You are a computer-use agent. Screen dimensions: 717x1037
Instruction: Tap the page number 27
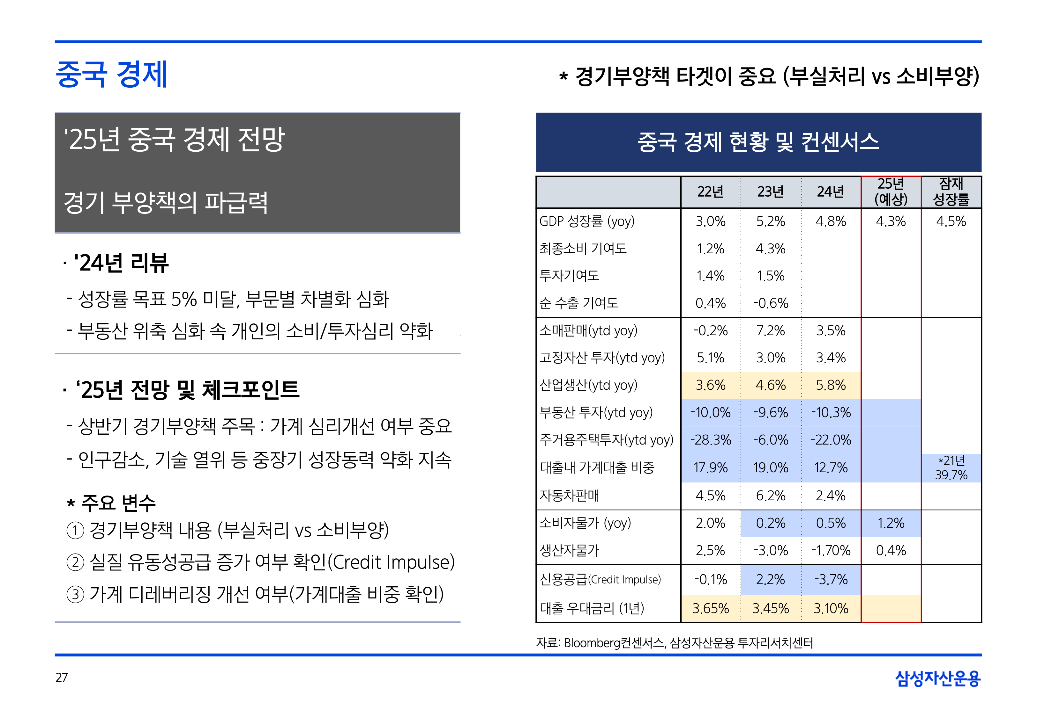coord(62,677)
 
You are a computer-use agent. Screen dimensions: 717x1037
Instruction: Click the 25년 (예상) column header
coord(891,192)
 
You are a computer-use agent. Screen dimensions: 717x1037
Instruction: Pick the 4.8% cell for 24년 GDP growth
coord(831,221)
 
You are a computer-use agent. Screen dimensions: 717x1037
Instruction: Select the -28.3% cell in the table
coord(711,440)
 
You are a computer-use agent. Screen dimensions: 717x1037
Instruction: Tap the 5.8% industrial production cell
coord(831,385)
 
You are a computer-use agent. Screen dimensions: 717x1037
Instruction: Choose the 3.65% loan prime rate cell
coord(711,609)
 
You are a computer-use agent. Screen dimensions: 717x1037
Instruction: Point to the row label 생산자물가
coord(569,550)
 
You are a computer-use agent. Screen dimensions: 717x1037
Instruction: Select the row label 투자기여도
coord(569,275)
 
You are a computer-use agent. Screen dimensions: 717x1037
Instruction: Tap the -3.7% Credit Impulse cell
coord(831,580)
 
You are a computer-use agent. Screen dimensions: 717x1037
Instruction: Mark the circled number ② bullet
coord(75,562)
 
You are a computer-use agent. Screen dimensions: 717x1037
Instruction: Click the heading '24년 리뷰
coord(122,263)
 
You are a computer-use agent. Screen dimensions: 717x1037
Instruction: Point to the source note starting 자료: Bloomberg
coord(674,643)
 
